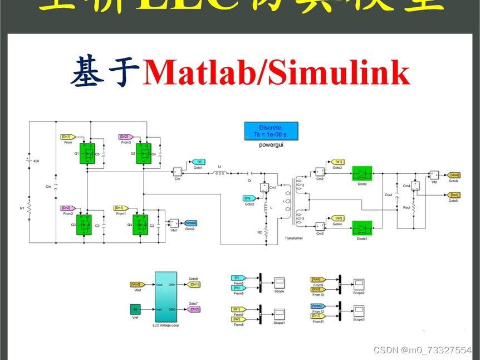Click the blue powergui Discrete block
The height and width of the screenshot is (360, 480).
271,132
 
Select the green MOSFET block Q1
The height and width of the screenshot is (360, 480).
87,153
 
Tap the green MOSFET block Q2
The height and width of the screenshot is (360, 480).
144,153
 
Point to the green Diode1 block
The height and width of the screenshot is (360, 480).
363,228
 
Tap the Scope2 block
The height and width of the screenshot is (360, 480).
359,284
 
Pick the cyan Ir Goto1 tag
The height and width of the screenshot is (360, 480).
197,162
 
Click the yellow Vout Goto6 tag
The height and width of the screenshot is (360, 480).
454,175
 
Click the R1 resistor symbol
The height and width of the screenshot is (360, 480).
28,208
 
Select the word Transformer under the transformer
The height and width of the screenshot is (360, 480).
293,238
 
